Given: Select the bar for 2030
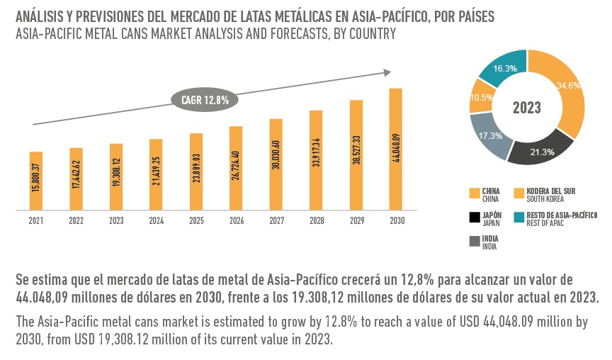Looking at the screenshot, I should click(x=396, y=150).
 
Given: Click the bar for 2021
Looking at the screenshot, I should click(x=36, y=181).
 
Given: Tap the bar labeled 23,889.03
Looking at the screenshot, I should click(x=196, y=171).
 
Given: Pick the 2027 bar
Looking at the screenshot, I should click(x=276, y=164).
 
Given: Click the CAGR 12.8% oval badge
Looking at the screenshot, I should click(x=205, y=100).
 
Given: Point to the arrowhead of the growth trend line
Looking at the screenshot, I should click(x=387, y=71).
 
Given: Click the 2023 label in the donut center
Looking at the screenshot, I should click(x=527, y=108).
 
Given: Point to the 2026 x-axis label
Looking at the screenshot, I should click(x=236, y=220).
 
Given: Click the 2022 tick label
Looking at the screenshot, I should click(x=76, y=220).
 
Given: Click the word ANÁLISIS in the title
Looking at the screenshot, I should click(x=40, y=15).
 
